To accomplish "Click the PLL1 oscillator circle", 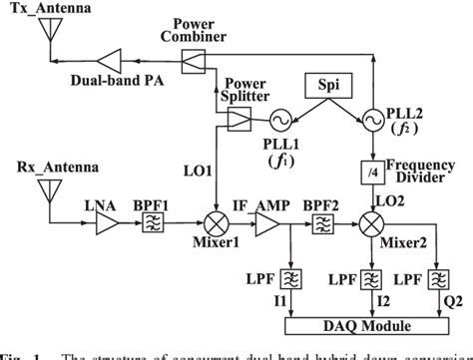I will click(x=270, y=120).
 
